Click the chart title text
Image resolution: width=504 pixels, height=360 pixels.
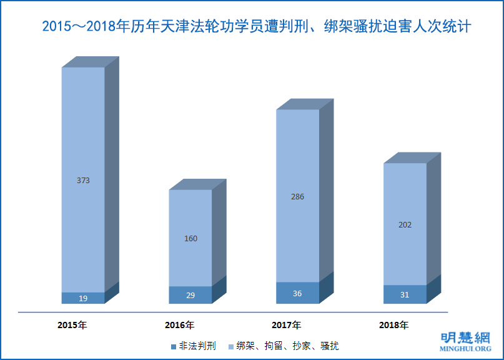[256, 27]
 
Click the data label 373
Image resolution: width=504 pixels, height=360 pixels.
[83, 181]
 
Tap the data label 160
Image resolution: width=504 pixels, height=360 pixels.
[190, 238]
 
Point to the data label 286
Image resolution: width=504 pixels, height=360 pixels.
[298, 196]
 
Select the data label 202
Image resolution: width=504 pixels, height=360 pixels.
[405, 224]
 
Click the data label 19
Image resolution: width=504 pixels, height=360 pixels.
[83, 299]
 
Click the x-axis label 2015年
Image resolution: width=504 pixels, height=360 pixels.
[72, 325]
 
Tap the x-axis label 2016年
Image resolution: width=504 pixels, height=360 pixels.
[179, 325]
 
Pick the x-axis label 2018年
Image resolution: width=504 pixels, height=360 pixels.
[393, 325]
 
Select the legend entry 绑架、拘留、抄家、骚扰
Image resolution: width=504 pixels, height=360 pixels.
[284, 346]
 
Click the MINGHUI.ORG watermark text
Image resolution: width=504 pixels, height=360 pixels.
[465, 349]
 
